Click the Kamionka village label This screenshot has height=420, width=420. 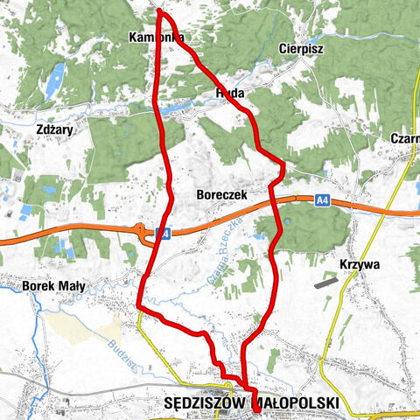pyautogui.click(x=155, y=38)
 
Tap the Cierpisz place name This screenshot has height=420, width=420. pyautogui.click(x=302, y=49)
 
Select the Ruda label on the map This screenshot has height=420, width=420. pyautogui.click(x=228, y=91)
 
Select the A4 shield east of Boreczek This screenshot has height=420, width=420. pyautogui.click(x=323, y=201)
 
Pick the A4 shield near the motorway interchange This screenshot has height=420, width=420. pyautogui.click(x=162, y=234)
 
